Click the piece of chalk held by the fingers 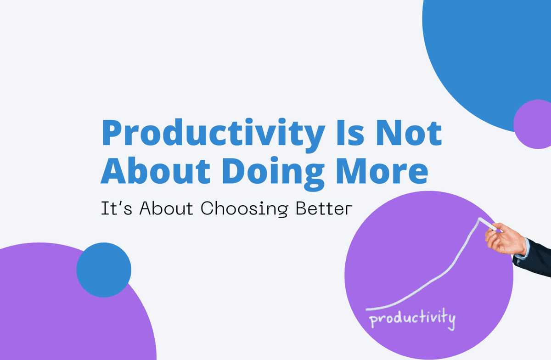pyautogui.click(x=488, y=225)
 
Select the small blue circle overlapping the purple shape pyautogui.click(x=104, y=270)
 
